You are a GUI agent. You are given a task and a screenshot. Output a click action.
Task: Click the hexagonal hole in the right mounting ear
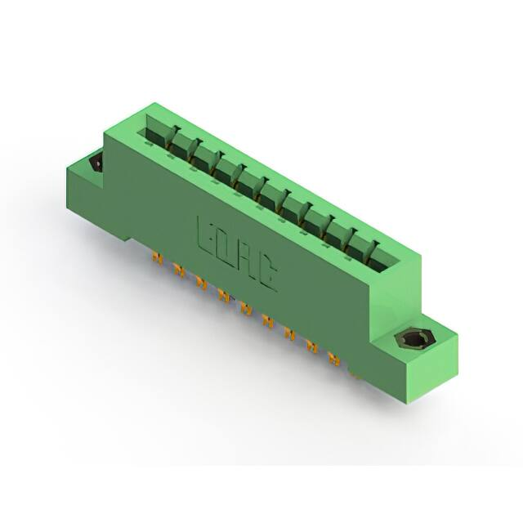click(x=408, y=340)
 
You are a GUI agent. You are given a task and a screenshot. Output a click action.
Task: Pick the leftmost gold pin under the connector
click(x=157, y=258)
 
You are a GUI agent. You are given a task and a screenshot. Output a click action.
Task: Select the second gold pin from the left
click(x=180, y=270)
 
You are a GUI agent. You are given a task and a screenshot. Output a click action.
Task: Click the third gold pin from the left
click(x=202, y=283)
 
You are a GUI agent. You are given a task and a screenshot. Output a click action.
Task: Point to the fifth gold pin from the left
click(x=245, y=307)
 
